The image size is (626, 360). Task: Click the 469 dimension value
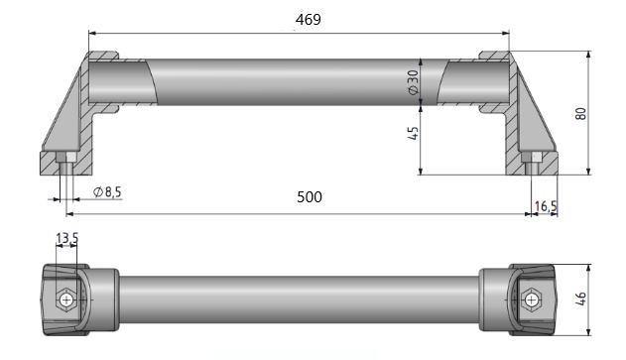click(x=309, y=19)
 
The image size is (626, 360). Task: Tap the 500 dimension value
click(x=310, y=196)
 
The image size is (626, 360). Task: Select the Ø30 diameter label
click(x=414, y=82)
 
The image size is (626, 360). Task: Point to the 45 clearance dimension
click(x=414, y=133)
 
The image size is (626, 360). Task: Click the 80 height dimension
click(x=581, y=113)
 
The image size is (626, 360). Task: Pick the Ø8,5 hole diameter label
click(x=107, y=192)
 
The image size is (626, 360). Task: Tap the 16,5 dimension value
click(x=546, y=206)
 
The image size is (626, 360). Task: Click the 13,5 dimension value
click(x=67, y=238)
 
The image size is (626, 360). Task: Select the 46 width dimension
click(x=581, y=299)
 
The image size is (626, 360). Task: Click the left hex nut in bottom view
click(x=66, y=300)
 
